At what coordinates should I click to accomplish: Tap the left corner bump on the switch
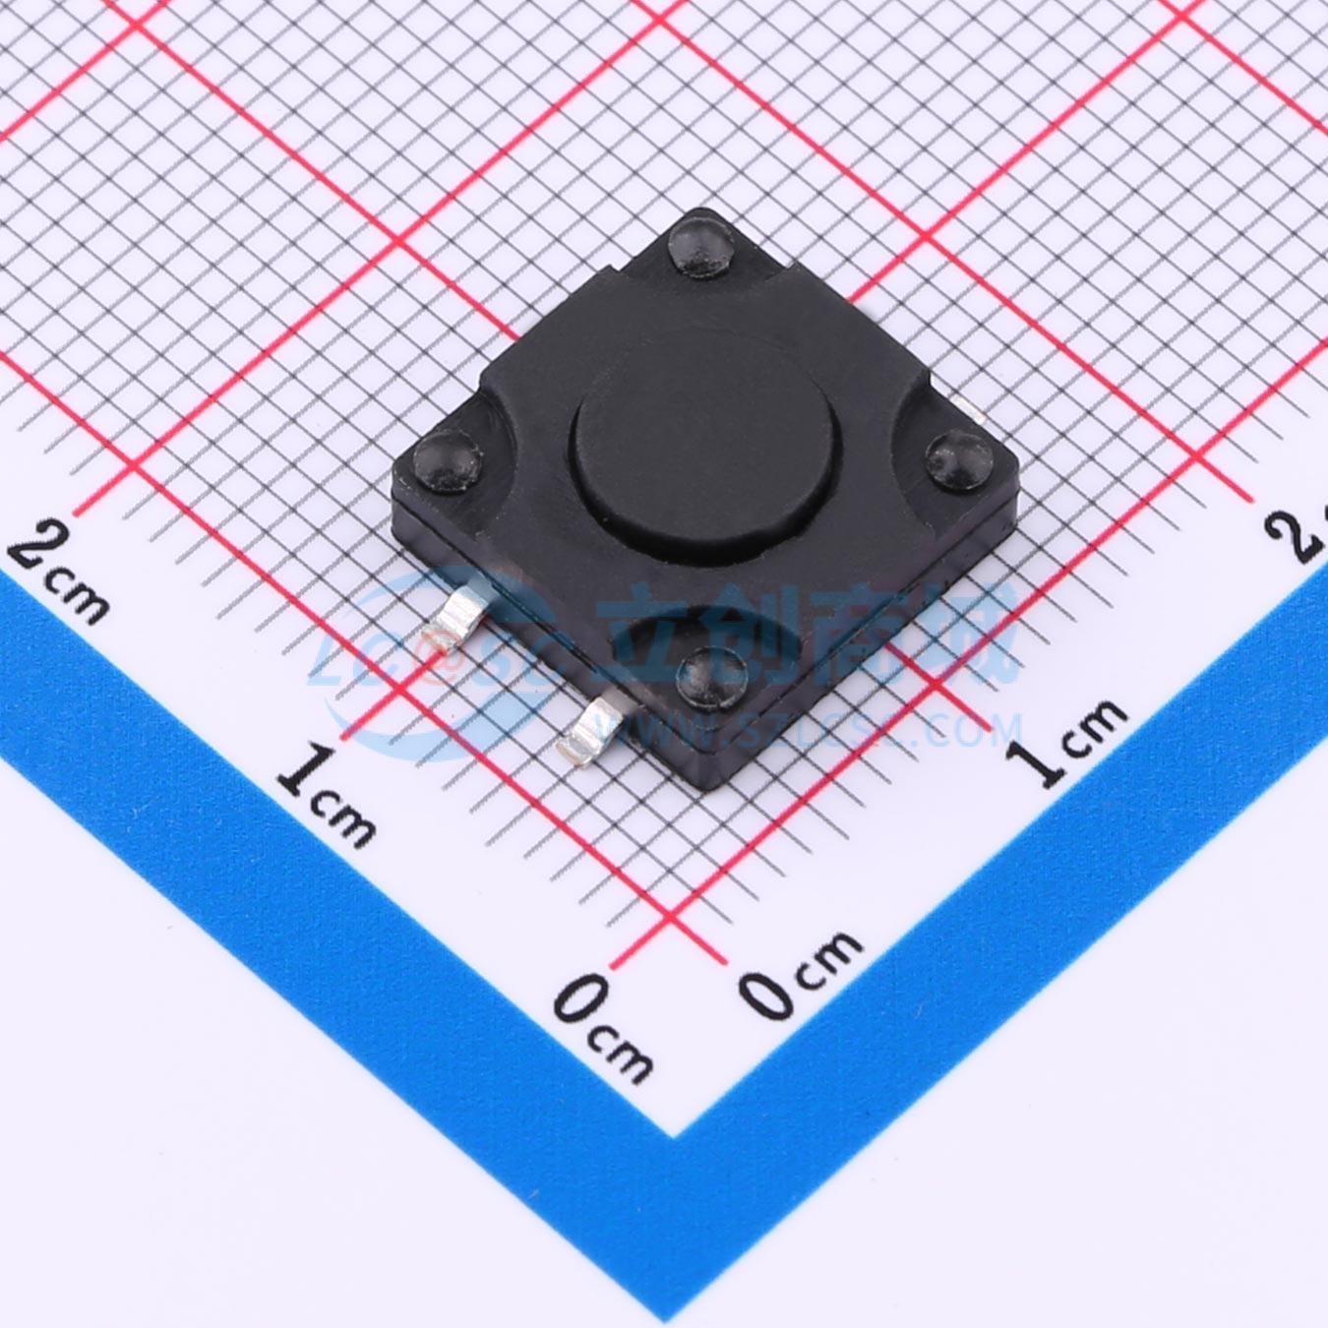(x=448, y=461)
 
